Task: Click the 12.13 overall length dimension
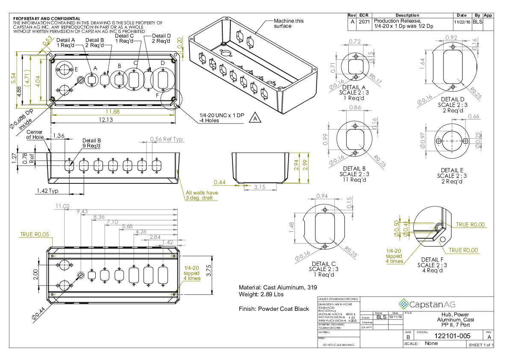coord(113,120)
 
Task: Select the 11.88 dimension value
coord(113,112)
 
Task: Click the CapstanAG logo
coord(427,304)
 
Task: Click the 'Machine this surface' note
coord(288,24)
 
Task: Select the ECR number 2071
coord(365,21)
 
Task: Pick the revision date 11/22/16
coord(462,21)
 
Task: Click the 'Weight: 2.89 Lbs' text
coord(261,295)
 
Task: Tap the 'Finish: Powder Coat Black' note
coord(274,309)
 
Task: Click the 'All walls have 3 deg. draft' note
coord(202,195)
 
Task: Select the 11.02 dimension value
coord(62,206)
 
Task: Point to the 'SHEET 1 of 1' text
coord(481,345)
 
